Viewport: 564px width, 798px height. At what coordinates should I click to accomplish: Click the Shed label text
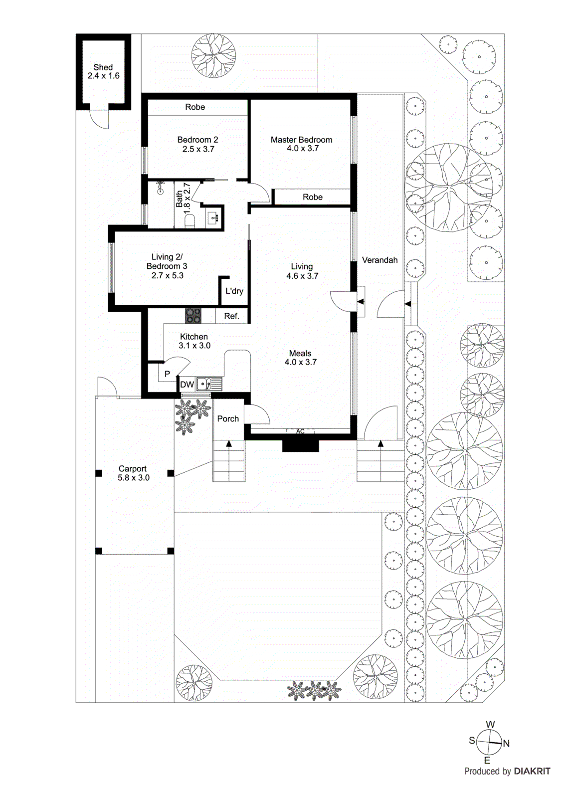(x=103, y=67)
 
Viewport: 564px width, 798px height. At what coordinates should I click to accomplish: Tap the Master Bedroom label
(x=301, y=140)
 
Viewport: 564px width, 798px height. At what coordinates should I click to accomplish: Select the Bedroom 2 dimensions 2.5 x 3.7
(x=198, y=149)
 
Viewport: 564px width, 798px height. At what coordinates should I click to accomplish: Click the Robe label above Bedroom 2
(x=195, y=107)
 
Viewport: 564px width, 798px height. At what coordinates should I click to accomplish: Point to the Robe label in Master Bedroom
(x=313, y=197)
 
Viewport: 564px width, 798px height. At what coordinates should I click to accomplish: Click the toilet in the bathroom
(x=190, y=221)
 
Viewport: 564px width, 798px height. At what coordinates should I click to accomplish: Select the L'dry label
(x=234, y=291)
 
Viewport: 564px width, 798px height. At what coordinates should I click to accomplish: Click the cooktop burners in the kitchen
(x=193, y=316)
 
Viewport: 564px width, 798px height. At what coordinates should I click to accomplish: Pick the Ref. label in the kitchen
(x=231, y=316)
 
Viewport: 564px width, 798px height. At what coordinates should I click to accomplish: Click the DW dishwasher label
(x=187, y=385)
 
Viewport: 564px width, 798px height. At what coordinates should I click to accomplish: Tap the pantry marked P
(x=168, y=374)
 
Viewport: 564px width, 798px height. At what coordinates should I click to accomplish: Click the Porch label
(x=228, y=419)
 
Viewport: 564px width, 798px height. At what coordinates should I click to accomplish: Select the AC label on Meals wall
(x=300, y=431)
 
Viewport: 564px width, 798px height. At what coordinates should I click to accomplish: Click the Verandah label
(x=379, y=260)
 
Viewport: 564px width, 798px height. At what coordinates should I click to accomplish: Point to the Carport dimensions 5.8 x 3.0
(x=133, y=478)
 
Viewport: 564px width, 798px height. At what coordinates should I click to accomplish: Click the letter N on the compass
(x=506, y=744)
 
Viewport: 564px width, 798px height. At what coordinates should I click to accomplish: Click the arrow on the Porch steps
(x=229, y=444)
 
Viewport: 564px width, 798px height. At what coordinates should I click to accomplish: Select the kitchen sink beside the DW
(x=203, y=385)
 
